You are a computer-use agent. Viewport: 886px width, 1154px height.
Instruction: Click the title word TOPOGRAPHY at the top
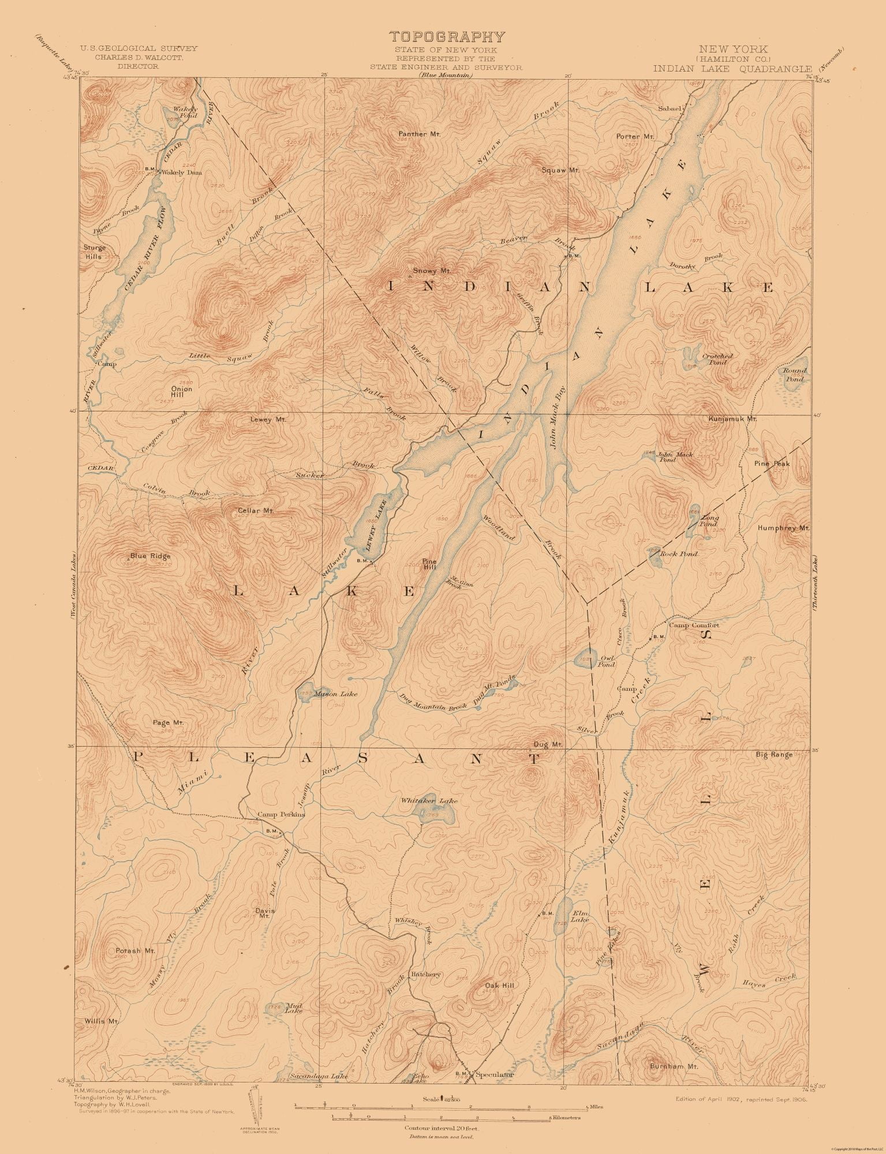pos(447,38)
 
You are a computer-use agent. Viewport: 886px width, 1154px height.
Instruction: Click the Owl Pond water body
pos(586,660)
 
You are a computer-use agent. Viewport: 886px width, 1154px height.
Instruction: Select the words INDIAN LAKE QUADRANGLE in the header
pos(732,68)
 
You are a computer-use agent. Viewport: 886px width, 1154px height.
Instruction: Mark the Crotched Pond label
pos(717,359)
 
